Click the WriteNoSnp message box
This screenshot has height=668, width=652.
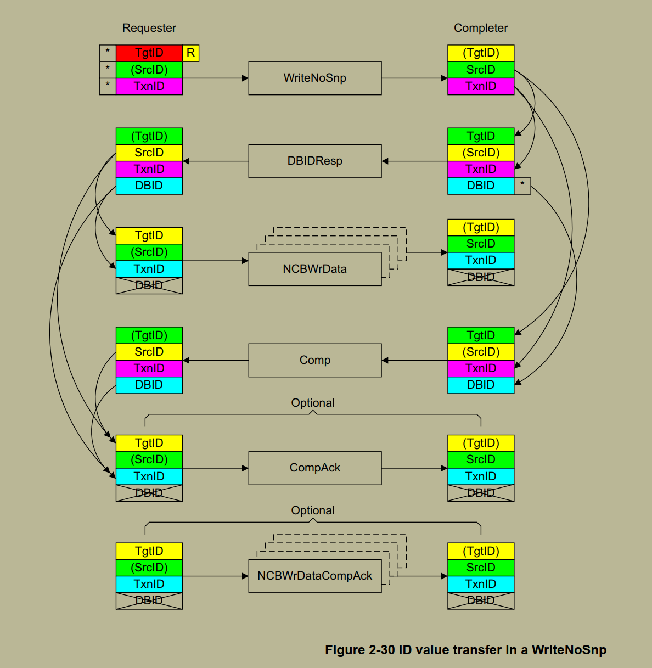314,78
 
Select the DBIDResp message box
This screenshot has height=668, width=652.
314,161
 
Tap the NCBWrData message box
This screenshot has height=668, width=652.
314,269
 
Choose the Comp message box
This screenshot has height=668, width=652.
314,360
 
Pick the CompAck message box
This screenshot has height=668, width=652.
314,468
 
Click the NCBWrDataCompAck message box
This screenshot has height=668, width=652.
314,576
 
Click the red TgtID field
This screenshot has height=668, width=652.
149,53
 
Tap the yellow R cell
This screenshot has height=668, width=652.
190,53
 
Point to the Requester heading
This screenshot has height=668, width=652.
149,28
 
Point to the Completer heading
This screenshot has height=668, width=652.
481,28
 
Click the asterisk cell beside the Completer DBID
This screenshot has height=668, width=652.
522,186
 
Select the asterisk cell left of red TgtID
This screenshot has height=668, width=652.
108,53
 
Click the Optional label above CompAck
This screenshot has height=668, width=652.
313,403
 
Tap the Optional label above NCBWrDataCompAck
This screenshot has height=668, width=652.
313,510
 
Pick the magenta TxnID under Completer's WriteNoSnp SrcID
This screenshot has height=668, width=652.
481,86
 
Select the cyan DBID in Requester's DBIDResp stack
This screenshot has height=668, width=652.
149,186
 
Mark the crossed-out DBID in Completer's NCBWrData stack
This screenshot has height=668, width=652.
481,277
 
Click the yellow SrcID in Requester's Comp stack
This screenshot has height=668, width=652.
149,352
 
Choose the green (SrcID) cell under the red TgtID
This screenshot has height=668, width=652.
149,70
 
